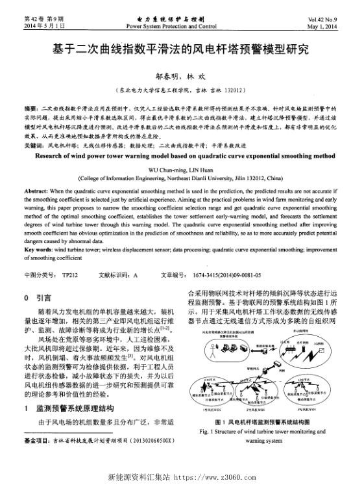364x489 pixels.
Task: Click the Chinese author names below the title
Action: pyautogui.click(x=181, y=76)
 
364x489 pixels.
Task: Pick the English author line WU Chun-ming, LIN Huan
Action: pyautogui.click(x=181, y=168)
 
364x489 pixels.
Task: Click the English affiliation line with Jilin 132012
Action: pyautogui.click(x=181, y=176)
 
